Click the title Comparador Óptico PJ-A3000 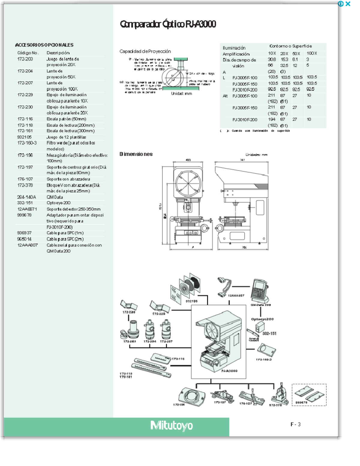[168, 24]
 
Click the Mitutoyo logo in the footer [172, 425]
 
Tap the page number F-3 [295, 424]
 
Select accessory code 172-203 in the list [25, 59]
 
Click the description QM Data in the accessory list [55, 197]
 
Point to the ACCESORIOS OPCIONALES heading [44, 45]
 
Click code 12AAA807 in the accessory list [27, 245]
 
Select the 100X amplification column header [312, 53]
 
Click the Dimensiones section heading [136, 154]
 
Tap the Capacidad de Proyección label [145, 51]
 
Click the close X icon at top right [348, 4]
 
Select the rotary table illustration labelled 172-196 [192, 395]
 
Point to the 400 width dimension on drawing [188, 160]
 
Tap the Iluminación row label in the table [234, 48]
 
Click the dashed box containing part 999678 [309, 395]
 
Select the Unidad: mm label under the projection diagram [181, 94]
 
